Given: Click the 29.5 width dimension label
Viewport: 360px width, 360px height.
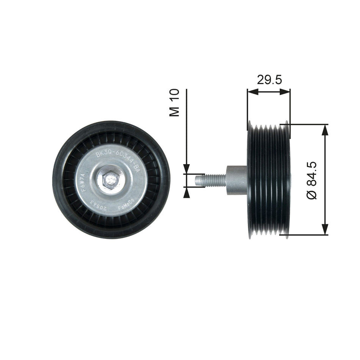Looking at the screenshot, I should pos(269,80).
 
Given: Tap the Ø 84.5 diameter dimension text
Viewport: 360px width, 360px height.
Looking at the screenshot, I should pos(312,180).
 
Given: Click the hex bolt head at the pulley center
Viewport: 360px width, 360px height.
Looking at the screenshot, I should pos(110,180).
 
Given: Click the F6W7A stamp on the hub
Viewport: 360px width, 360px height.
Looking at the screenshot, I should pos(83,183).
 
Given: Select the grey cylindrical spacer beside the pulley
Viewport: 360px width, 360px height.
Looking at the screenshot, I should pos(237,180).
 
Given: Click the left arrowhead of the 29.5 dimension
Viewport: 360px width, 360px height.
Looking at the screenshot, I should pos(252,91).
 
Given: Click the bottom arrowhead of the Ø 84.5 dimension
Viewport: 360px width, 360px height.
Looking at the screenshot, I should pos(325,229).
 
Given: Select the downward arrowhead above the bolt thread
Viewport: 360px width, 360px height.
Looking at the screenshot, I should pos(186,169).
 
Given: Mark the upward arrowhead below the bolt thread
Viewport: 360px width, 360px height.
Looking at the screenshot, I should pos(186,192).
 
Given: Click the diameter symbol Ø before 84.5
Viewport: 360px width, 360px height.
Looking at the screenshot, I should pos(312,194).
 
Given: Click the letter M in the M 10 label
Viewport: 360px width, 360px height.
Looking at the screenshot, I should pos(174,111).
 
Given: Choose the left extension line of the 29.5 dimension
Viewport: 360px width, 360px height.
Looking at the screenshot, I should pos(247,106).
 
